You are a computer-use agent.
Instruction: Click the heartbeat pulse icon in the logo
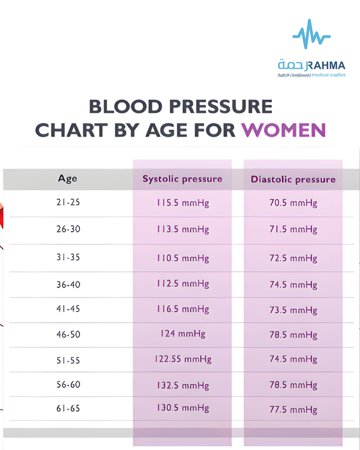[x=311, y=34]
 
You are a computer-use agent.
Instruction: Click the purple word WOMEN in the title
[x=283, y=130]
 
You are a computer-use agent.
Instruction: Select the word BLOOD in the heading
[x=126, y=106]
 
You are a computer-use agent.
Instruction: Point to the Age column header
[x=67, y=178]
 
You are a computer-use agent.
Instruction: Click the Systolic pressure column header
[x=182, y=179]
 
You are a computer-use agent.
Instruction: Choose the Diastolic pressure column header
[x=293, y=179]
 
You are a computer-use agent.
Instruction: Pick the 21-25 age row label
[x=68, y=202]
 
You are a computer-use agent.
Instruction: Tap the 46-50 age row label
[x=68, y=334]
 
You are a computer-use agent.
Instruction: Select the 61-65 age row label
[x=68, y=408]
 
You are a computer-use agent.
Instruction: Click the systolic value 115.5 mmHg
[x=183, y=203]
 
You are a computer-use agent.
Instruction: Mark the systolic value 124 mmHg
[x=183, y=334]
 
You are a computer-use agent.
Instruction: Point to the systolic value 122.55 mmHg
[x=183, y=359]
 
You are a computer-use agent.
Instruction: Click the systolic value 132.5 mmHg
[x=183, y=385]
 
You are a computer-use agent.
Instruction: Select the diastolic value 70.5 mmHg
[x=293, y=203]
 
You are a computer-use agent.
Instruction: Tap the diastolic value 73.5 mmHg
[x=293, y=310]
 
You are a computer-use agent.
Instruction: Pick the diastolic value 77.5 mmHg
[x=293, y=409]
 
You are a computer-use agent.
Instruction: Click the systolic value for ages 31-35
[x=183, y=258]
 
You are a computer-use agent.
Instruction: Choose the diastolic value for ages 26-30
[x=293, y=229]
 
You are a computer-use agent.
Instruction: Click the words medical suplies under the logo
[x=328, y=75]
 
